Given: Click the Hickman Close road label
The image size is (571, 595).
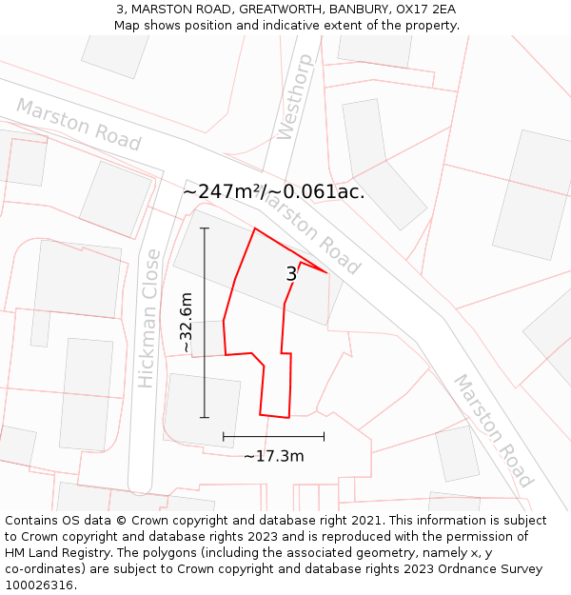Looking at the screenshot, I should point(148,318).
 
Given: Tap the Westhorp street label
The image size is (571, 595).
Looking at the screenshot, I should point(294,97).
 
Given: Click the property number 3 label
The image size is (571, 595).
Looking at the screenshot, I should point(291,274).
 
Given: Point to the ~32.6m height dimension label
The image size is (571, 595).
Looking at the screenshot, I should point(186,323).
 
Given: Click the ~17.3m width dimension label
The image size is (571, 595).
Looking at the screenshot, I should point(274,456).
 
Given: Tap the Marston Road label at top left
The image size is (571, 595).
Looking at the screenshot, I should point(78,125).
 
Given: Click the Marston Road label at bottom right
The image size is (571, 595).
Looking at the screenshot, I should point(491,430).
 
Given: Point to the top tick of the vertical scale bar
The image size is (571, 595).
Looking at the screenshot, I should point(205,228).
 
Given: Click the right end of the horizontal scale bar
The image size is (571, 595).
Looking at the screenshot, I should point(325,436).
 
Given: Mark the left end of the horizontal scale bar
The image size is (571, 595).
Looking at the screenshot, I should point(224,436).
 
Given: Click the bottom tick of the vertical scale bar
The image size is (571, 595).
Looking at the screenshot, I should point(205,416).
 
